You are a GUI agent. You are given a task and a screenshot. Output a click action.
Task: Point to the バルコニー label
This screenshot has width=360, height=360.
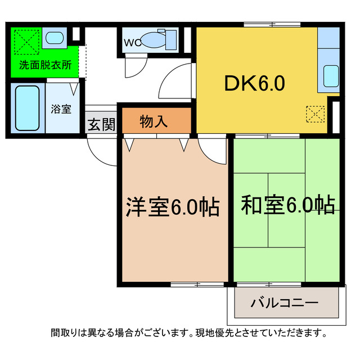tap(284, 303)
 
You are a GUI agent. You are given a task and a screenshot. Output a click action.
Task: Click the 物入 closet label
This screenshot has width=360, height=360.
tap(154, 121)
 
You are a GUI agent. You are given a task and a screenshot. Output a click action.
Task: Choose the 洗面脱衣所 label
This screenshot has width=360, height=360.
tap(46, 64)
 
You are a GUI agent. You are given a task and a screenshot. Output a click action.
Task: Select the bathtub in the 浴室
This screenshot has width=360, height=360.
tap(27, 107)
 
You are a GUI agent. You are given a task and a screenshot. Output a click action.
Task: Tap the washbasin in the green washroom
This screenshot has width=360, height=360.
tap(55, 38)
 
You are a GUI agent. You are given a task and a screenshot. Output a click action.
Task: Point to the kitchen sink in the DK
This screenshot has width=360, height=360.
tap(331, 75)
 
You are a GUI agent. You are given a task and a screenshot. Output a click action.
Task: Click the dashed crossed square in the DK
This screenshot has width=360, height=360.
tap(316, 114)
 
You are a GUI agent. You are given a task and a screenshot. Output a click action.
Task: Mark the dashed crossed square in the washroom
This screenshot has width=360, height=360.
tap(26, 40)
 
